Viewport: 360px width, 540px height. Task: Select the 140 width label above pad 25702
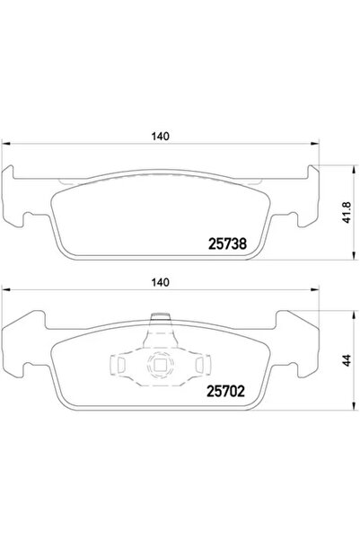[x=162, y=283]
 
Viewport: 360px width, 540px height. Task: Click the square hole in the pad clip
[x=159, y=365]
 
